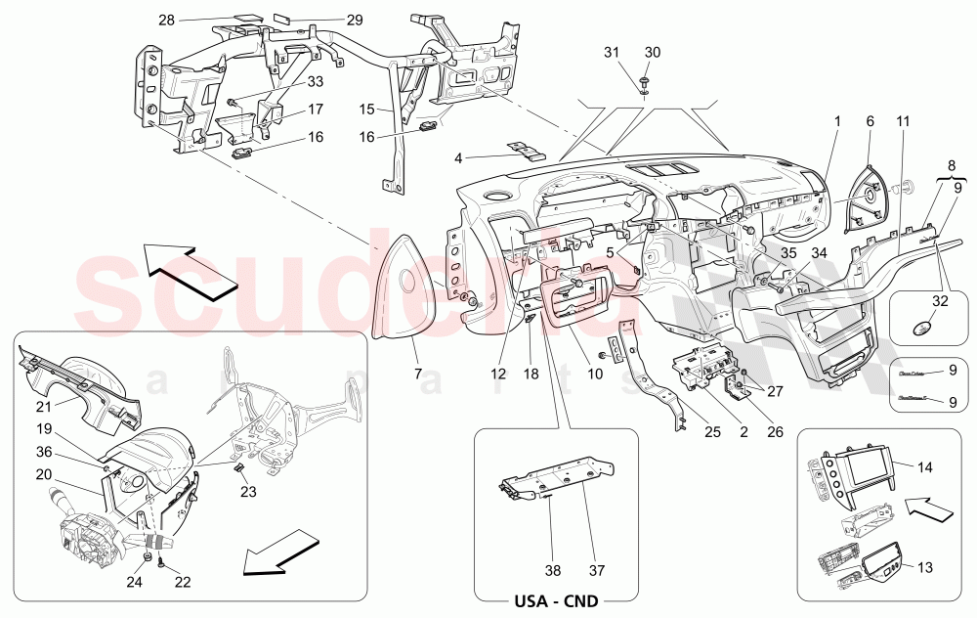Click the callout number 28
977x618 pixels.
point(167,20)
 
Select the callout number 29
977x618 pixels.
point(326,20)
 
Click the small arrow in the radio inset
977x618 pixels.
point(924,508)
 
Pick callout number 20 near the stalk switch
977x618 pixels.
point(44,473)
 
